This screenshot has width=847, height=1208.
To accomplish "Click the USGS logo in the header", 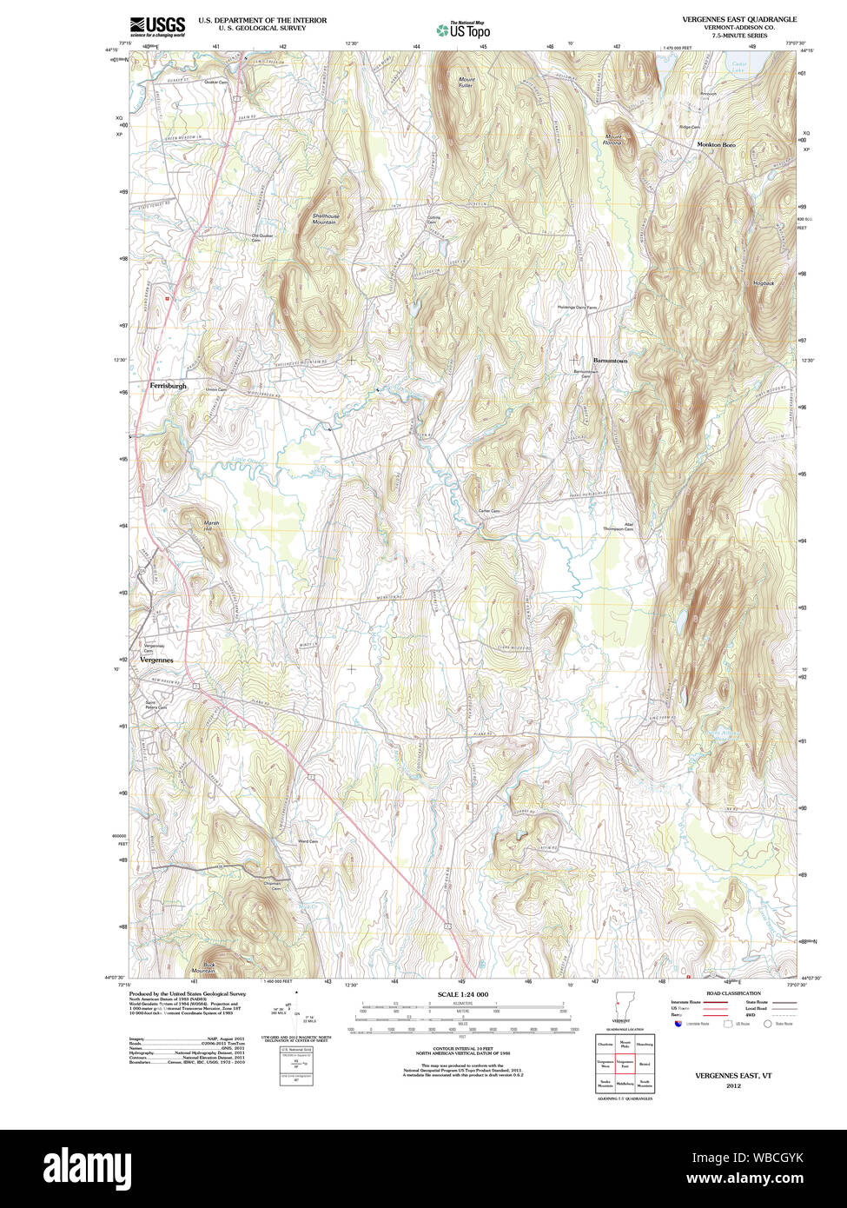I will point(157,26).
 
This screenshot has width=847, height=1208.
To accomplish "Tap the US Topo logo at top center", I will point(464,30).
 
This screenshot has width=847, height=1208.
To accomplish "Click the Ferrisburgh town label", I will point(168,385).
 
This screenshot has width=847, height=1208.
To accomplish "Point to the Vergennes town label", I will point(156,660).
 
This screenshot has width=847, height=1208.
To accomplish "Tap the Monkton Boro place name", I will point(716,144).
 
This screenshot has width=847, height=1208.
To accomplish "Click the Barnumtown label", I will point(610,360).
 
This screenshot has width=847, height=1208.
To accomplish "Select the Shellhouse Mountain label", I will point(325,219).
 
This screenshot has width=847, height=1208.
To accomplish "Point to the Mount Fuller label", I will point(467,83).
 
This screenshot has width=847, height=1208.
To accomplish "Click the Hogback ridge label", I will point(764,283).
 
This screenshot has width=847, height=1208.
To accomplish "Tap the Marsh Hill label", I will point(211,525).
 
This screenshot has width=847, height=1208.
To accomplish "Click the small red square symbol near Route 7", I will point(169,298).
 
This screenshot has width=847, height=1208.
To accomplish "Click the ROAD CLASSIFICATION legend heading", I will point(733,993).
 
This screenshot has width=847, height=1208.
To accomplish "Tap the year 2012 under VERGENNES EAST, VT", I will point(733,1085).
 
